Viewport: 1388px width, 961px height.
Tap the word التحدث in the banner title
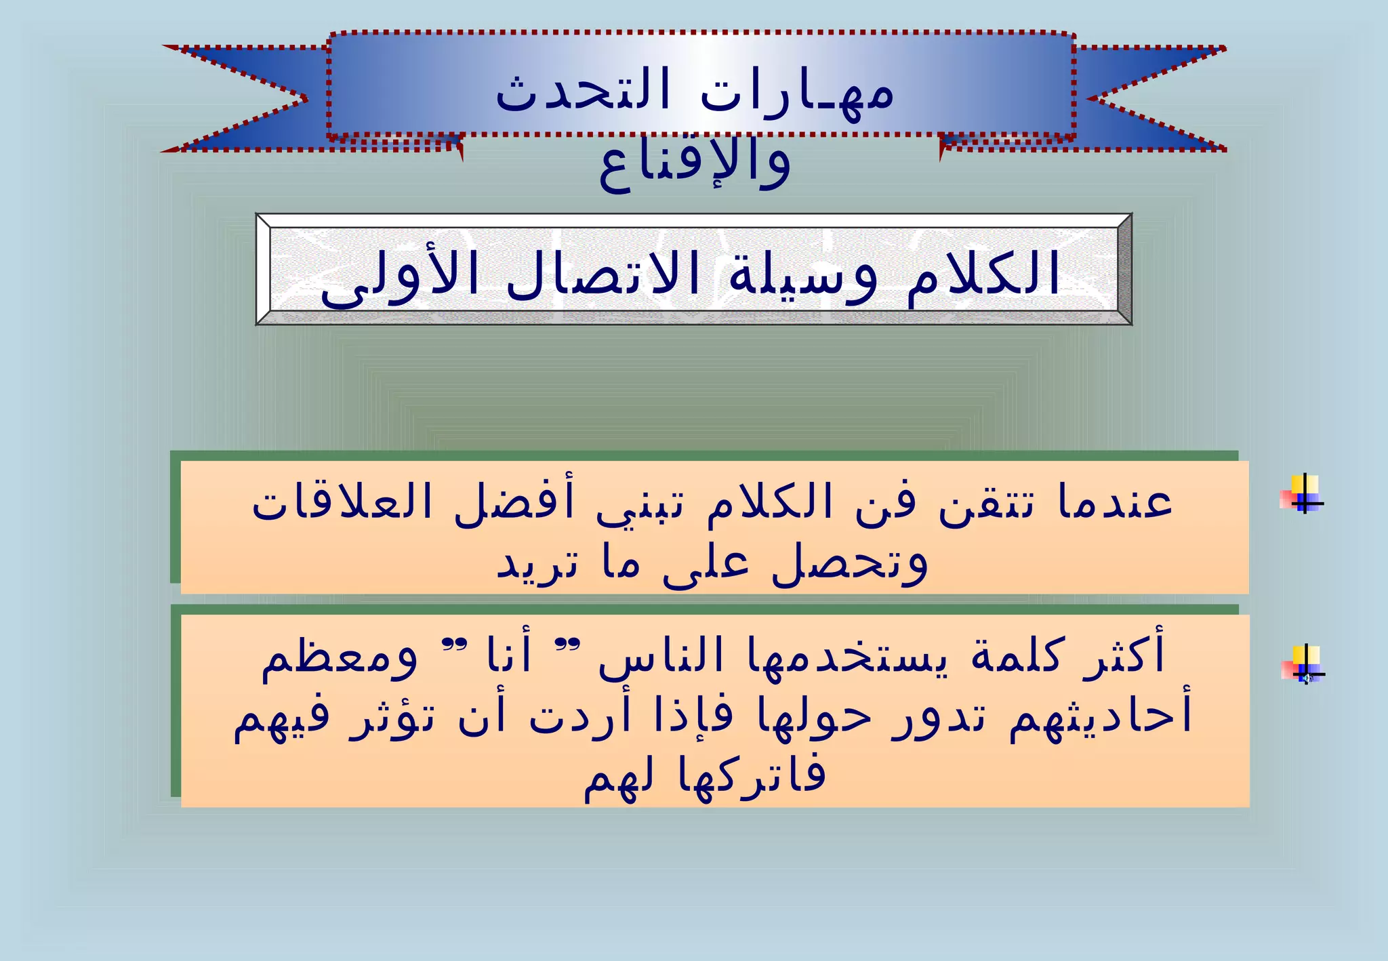click(583, 91)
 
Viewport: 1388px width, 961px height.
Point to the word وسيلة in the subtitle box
click(802, 274)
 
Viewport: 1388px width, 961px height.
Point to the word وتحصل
click(850, 564)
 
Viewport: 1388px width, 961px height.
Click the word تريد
click(538, 564)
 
